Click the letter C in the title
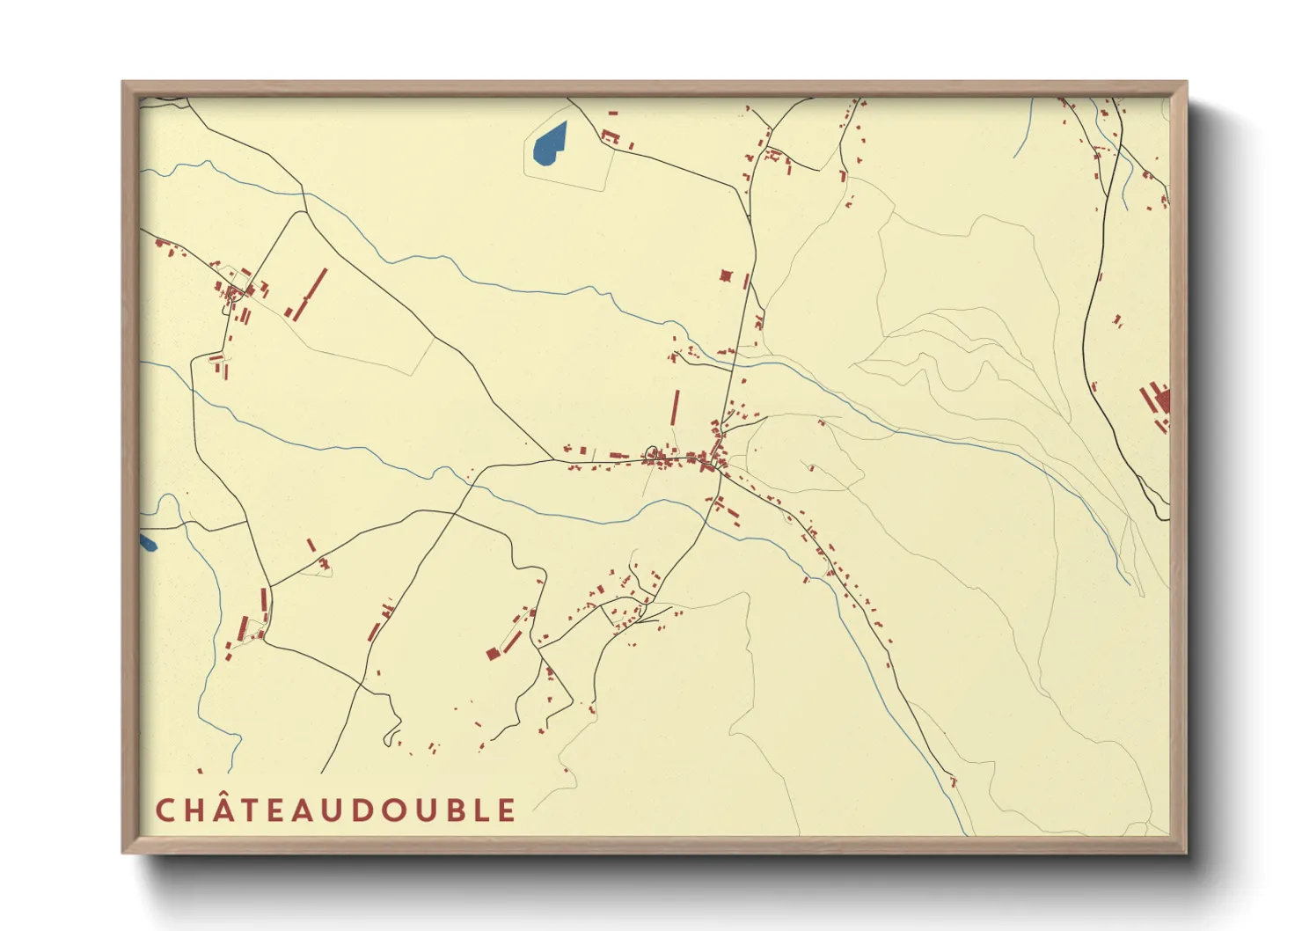coord(165,810)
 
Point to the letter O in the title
coord(387,810)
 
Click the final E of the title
coord(506,810)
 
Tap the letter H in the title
coord(194,810)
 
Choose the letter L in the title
coord(479,810)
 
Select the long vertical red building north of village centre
coord(676,407)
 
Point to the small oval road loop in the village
coord(653,454)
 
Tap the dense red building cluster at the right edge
coord(1156,401)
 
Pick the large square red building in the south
coord(493,654)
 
